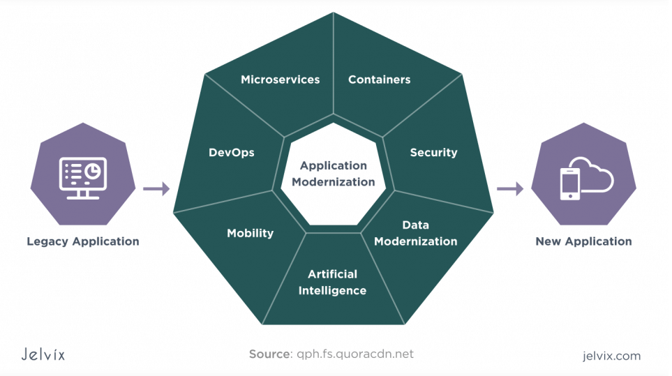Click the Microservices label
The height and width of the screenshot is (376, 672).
click(x=280, y=80)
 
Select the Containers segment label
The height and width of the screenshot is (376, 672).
click(x=379, y=80)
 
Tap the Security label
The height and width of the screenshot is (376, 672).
click(x=433, y=153)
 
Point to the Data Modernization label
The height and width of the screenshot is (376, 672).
click(x=415, y=233)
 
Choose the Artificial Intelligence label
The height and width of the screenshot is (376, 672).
click(x=332, y=282)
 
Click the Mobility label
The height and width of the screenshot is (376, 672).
click(x=250, y=234)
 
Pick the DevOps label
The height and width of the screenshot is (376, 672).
click(x=231, y=153)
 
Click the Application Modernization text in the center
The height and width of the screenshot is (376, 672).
click(x=333, y=174)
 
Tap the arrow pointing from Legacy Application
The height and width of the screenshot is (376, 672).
click(x=156, y=188)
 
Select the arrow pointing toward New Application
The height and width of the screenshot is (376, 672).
click(x=510, y=188)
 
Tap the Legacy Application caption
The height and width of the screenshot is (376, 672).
click(x=83, y=242)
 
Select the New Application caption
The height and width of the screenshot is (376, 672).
click(x=583, y=242)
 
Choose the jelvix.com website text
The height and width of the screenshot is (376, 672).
click(x=611, y=356)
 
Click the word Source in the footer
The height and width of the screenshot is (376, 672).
click(x=269, y=354)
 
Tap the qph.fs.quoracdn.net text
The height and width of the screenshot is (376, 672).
click(x=354, y=354)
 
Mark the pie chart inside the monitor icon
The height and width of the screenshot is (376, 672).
click(x=94, y=170)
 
